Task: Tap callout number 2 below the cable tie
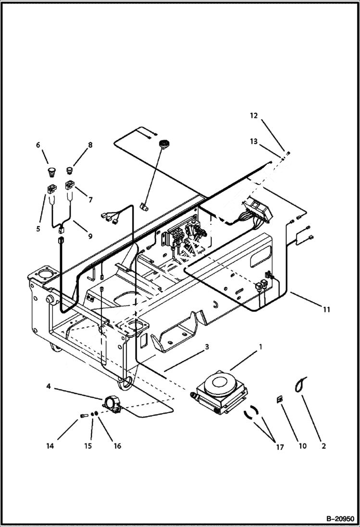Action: coord(323,446)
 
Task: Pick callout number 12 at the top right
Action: coord(253,115)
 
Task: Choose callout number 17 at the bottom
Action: coord(280,447)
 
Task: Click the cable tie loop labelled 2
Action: coord(300,384)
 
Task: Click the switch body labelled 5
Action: coord(51,189)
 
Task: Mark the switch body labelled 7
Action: coord(70,185)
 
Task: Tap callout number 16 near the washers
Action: coord(117,446)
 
